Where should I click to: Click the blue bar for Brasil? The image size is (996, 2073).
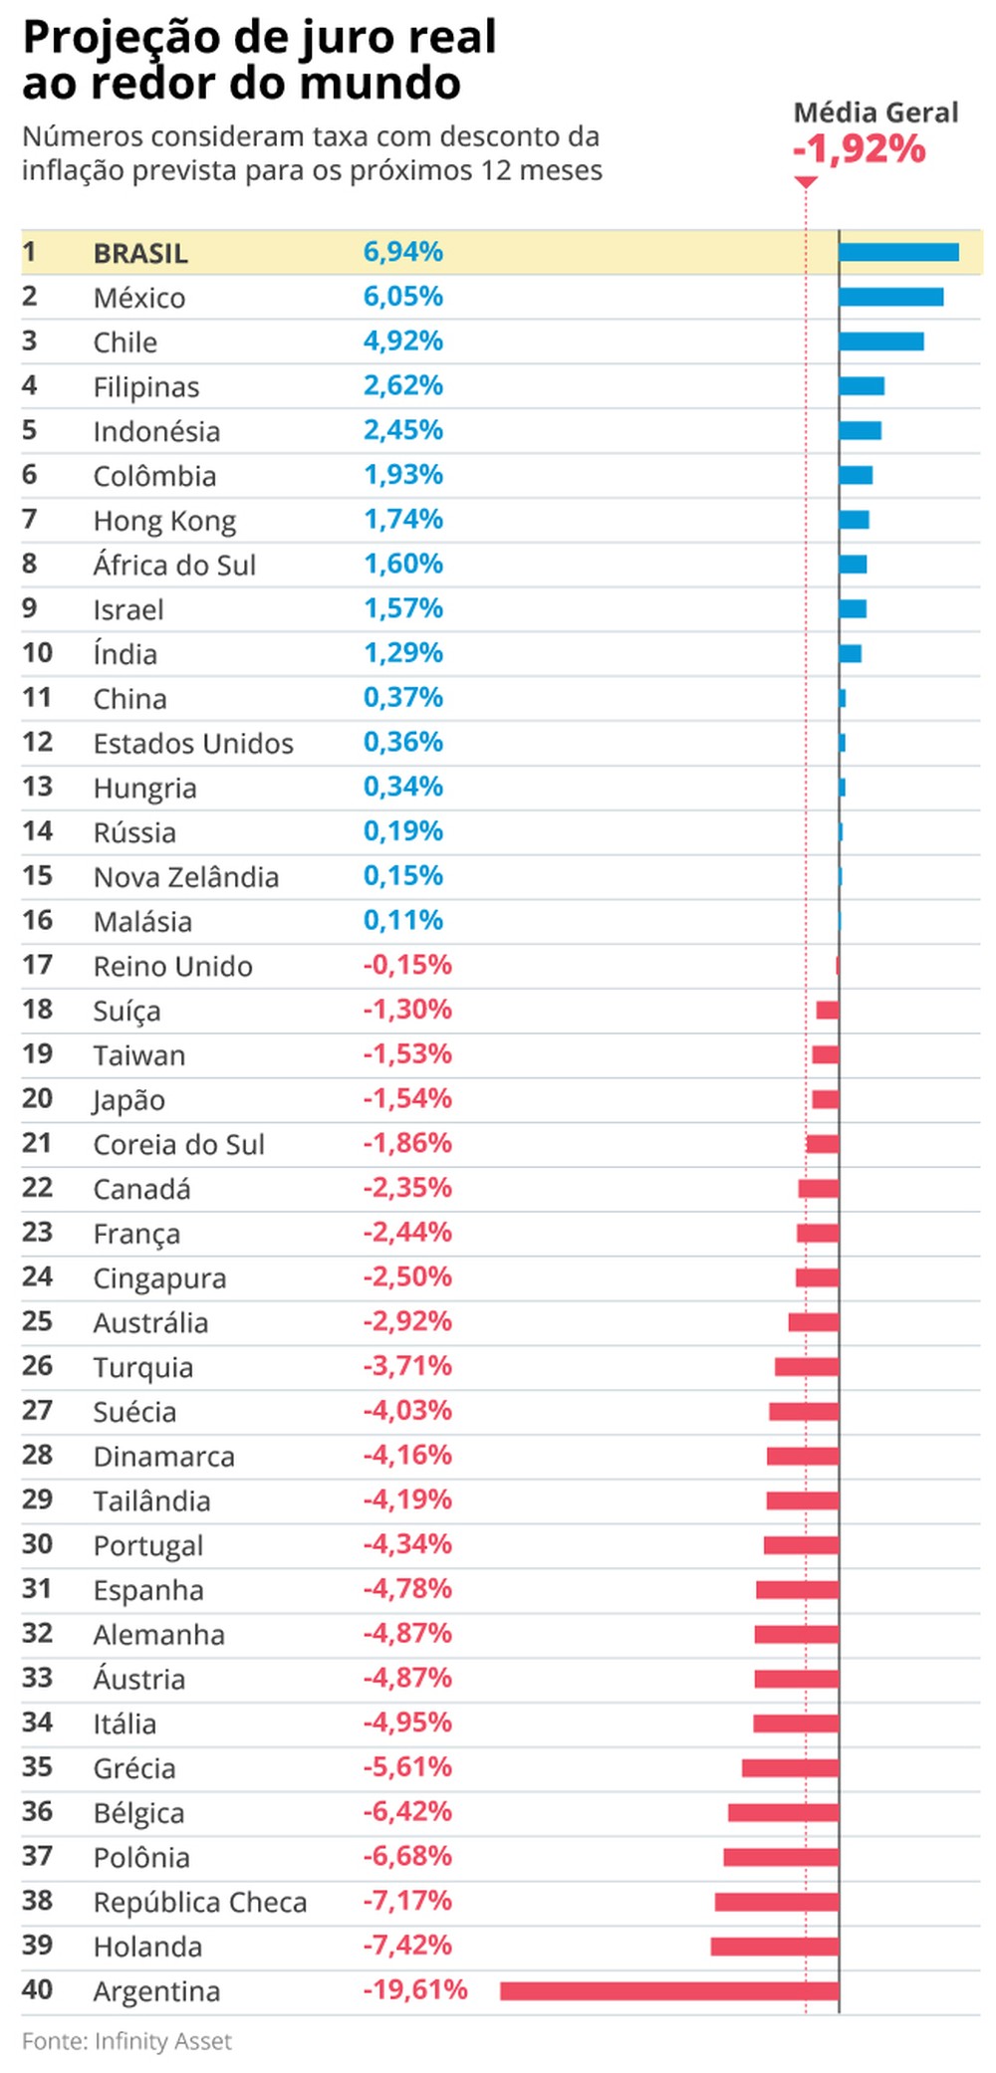[x=897, y=252]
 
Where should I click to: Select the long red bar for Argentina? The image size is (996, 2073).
[x=668, y=1990]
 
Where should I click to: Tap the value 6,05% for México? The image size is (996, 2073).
[x=402, y=297]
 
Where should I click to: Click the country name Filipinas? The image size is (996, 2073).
[x=146, y=386]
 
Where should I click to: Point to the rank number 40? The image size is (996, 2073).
[x=37, y=1989]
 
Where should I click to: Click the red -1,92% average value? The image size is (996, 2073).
[x=859, y=149]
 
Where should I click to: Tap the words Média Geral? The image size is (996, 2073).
[x=875, y=113]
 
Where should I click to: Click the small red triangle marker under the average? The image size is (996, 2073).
[x=806, y=182]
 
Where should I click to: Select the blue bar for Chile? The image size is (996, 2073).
[x=880, y=342]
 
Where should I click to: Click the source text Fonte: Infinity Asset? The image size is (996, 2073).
[x=126, y=2041]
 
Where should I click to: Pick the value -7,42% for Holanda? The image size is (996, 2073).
[x=406, y=1945]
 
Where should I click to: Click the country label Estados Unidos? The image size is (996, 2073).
[x=193, y=743]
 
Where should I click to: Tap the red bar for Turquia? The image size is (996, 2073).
[x=806, y=1367]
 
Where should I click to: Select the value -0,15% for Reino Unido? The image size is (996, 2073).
[x=406, y=965]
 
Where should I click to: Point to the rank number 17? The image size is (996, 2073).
[x=37, y=965]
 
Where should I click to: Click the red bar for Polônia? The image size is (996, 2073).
[x=780, y=1857]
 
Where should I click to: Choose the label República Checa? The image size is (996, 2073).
[x=199, y=1902]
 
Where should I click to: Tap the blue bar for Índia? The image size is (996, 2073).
[x=850, y=653]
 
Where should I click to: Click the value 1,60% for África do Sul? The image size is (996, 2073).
[x=402, y=564]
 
